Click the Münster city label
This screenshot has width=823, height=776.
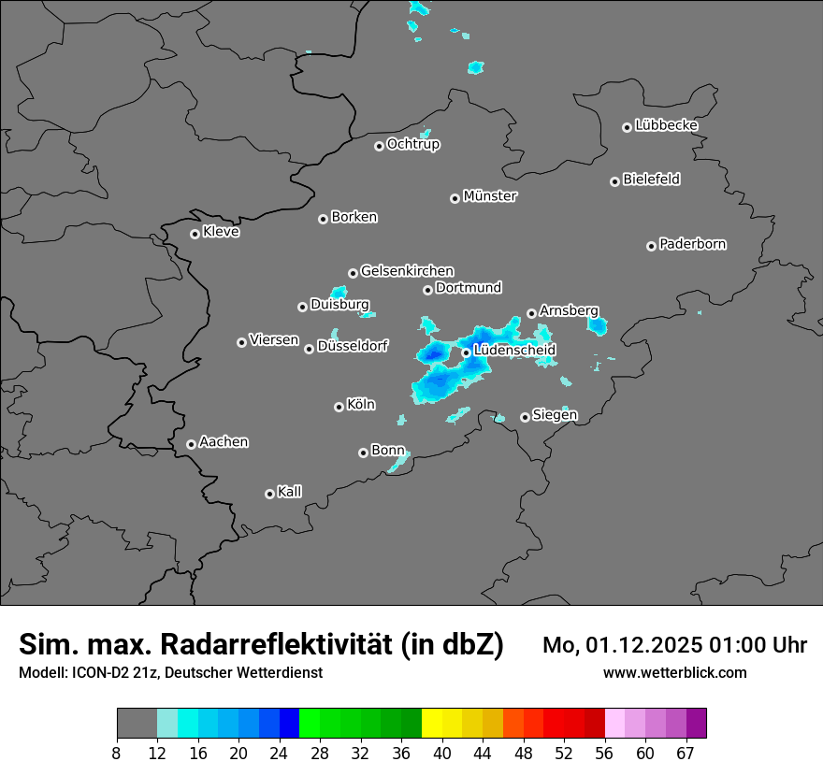click(490, 196)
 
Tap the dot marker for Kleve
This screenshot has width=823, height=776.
click(195, 234)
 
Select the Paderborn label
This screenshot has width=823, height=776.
click(693, 244)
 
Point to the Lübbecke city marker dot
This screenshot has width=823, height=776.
click(627, 127)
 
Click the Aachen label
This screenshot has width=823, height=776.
click(224, 442)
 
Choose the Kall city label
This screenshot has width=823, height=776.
click(290, 492)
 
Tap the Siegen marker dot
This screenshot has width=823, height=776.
click(525, 417)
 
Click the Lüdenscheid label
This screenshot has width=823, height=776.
click(514, 351)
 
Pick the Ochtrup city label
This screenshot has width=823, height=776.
click(413, 144)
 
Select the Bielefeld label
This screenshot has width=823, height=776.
click(651, 179)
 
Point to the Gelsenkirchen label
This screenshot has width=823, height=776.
click(407, 271)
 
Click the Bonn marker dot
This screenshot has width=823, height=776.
click(363, 453)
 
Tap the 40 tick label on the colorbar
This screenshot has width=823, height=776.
click(442, 753)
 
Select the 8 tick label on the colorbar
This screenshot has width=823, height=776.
click(117, 753)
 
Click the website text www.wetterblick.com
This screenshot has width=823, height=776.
click(674, 672)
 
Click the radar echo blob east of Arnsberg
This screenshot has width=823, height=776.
click(597, 326)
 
